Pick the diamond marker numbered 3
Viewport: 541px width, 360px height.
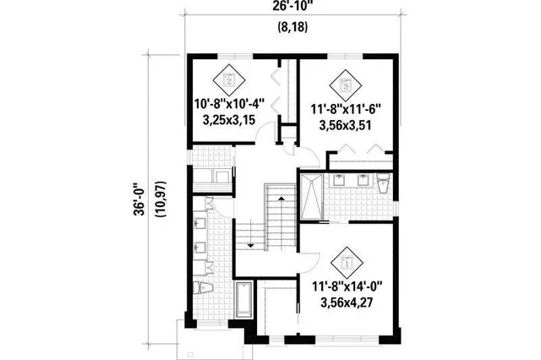point(345,83)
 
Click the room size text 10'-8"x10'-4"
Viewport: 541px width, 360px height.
point(229,106)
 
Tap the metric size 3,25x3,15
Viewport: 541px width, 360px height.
point(229,121)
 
